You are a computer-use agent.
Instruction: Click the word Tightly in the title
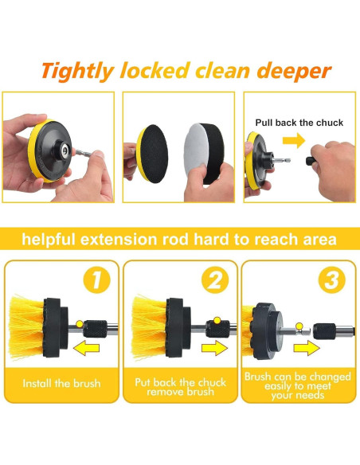coord(78,72)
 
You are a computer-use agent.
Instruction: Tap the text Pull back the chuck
coord(299,123)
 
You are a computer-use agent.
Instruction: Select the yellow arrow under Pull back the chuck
coord(294,140)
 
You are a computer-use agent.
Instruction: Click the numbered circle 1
coord(96,279)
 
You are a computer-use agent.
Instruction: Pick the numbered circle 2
coord(215,279)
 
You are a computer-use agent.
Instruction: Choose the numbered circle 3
coord(332,279)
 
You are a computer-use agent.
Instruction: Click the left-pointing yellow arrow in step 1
coord(86,348)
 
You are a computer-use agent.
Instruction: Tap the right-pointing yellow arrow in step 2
coord(214,348)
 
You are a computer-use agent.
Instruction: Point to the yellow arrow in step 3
coord(307,348)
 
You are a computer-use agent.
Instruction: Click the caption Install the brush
coord(61,384)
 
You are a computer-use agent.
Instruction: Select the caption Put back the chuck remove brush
coord(180,387)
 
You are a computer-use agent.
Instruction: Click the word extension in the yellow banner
coord(119,239)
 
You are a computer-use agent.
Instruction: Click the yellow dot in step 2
coord(217,320)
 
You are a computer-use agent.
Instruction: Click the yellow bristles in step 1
coord(26,327)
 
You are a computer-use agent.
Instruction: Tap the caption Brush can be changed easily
coord(298,385)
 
